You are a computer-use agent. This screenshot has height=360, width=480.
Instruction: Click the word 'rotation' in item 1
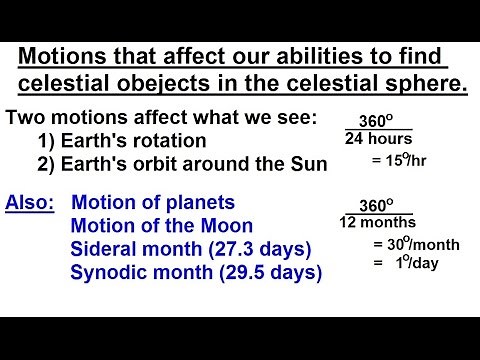point(171,141)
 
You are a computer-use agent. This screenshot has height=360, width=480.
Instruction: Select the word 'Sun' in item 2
point(308,164)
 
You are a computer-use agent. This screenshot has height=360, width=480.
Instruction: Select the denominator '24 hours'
point(378,139)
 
